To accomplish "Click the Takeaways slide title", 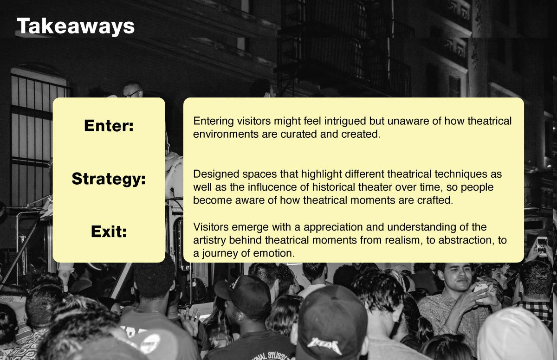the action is [76, 26].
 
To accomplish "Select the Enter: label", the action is [109, 125].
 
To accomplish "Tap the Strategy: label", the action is [109, 179].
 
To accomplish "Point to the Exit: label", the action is [109, 231].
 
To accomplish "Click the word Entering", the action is [214, 122].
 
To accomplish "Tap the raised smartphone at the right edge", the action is [542, 246].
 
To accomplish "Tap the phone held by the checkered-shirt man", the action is [480, 289].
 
